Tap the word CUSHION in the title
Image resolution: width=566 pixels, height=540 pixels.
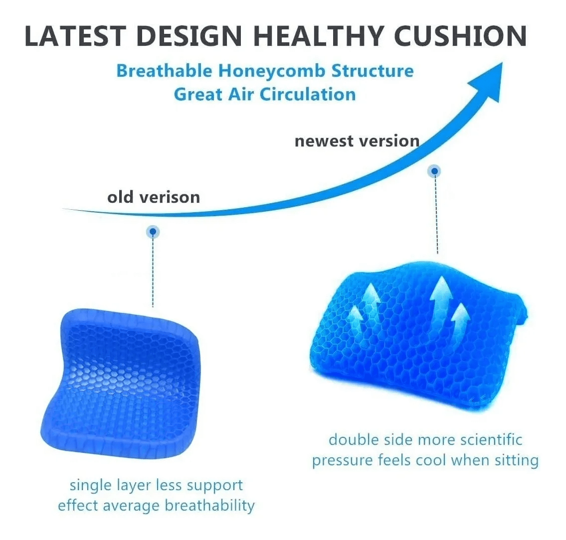pyautogui.click(x=460, y=36)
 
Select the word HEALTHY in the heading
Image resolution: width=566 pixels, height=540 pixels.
pyautogui.click(x=318, y=36)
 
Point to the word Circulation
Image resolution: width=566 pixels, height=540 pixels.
pyautogui.click(x=308, y=95)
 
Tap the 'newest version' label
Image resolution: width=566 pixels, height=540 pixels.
pyautogui.click(x=357, y=140)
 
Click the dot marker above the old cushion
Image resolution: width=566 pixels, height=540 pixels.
pyautogui.click(x=153, y=232)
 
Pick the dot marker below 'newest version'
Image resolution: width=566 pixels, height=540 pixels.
pyautogui.click(x=435, y=171)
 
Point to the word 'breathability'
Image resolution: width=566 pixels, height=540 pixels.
pyautogui.click(x=210, y=506)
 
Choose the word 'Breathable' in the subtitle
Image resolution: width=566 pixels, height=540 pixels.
pyautogui.click(x=164, y=71)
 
